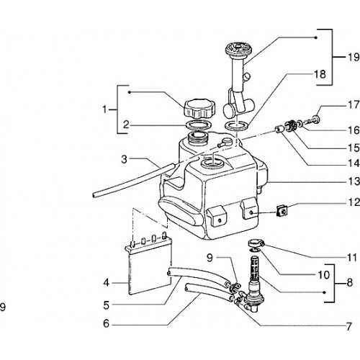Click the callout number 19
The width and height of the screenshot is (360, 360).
click(x=354, y=57)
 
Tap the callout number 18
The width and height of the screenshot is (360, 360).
click(x=320, y=74)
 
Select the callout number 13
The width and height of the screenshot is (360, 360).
click(x=354, y=181)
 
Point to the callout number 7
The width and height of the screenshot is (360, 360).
click(x=348, y=326)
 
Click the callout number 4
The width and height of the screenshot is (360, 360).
click(x=107, y=283)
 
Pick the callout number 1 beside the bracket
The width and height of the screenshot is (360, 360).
click(x=104, y=109)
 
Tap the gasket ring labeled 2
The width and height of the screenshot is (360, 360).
click(x=199, y=125)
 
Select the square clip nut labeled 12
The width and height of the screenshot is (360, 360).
click(x=282, y=211)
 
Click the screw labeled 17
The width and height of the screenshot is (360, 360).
click(x=312, y=120)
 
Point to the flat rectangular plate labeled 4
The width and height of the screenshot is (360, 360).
click(x=150, y=266)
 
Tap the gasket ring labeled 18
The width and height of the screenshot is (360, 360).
click(x=237, y=126)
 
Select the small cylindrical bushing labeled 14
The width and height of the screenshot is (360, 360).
click(x=279, y=130)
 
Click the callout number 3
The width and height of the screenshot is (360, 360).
click(x=124, y=159)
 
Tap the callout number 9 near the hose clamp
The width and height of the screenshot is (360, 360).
click(x=210, y=258)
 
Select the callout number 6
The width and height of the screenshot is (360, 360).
click(x=106, y=323)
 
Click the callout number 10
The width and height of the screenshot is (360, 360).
click(x=323, y=275)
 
